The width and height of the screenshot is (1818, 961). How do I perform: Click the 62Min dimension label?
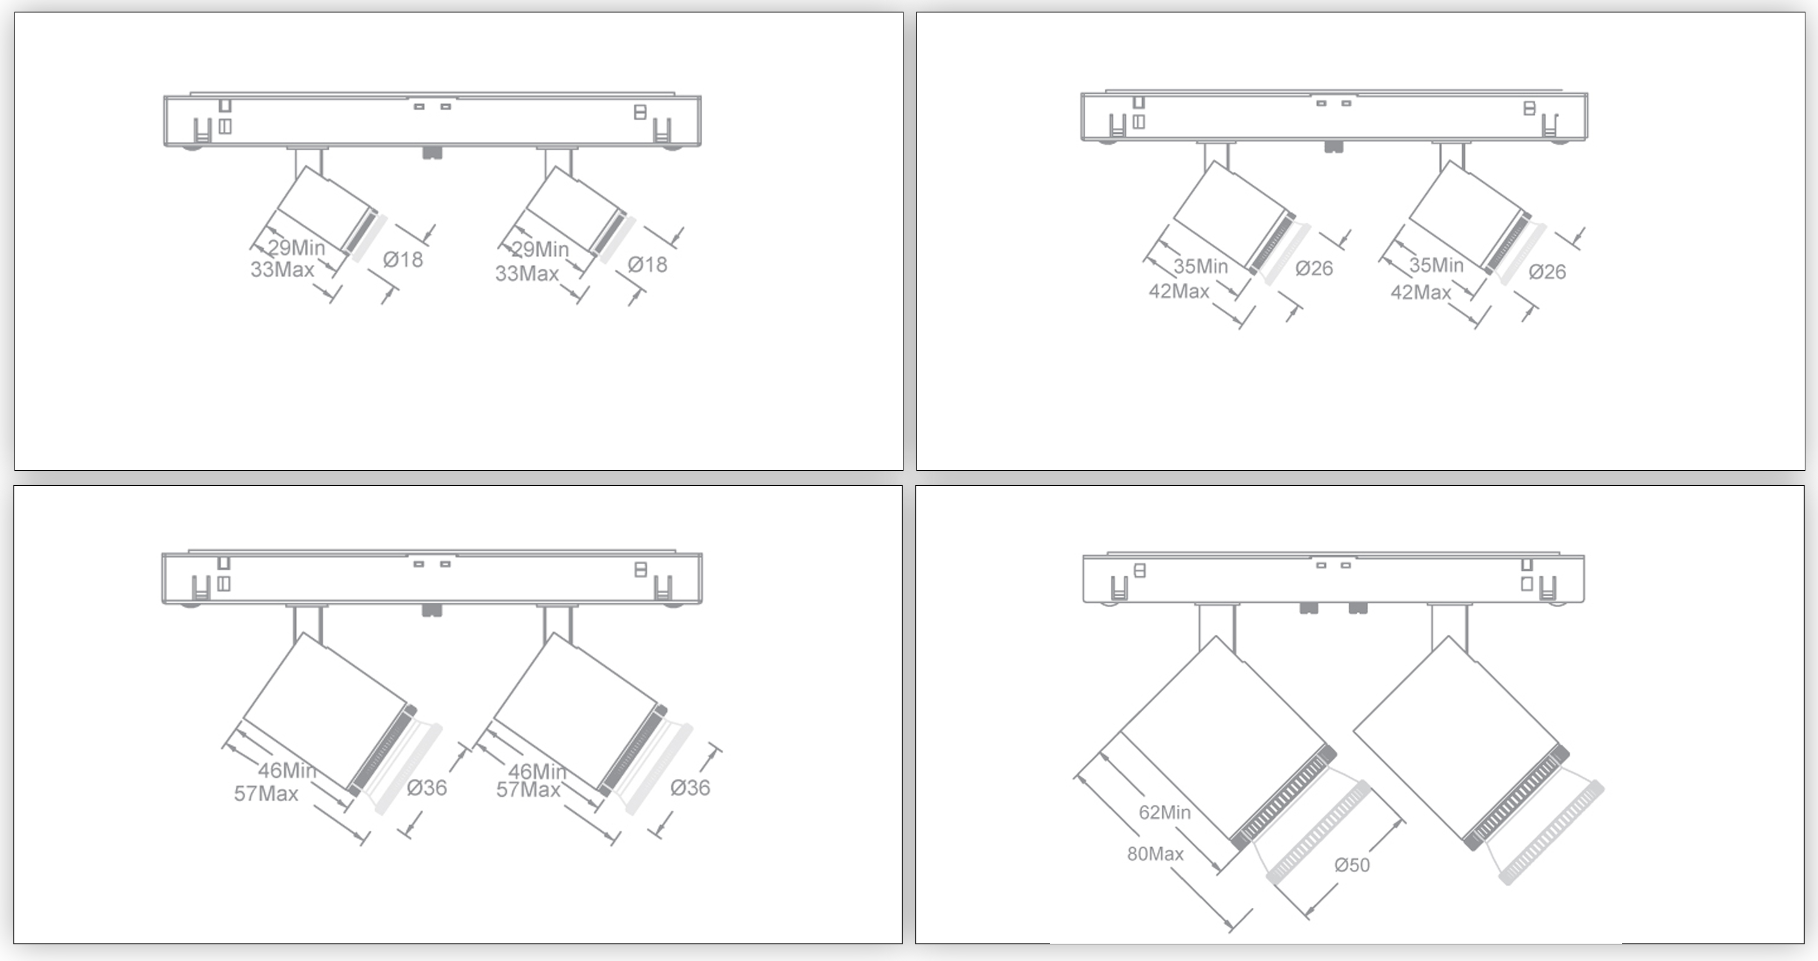pos(1164,812)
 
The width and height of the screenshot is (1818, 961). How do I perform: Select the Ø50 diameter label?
pos(1351,865)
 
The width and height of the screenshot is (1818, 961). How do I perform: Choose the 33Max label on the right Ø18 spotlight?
pos(527,273)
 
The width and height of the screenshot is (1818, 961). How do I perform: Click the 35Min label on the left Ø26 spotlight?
pos(1200,266)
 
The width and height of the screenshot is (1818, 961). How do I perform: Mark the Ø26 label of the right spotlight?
pos(1547,272)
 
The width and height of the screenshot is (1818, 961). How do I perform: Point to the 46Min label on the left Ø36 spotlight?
pos(287,770)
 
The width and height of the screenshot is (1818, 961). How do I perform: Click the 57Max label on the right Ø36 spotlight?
pos(528,790)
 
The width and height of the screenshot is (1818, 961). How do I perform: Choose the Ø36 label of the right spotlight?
pos(689,787)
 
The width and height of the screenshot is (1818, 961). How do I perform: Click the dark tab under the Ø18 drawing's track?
pos(432,153)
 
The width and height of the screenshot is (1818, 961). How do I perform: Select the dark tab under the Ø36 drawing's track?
pos(431,610)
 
